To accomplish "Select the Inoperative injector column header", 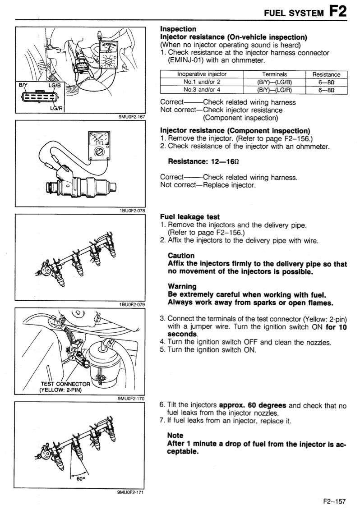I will tap(202, 74).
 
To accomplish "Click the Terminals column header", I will tap(275, 74).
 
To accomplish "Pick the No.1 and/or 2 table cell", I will tap(202, 82).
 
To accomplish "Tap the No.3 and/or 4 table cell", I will tap(202, 90).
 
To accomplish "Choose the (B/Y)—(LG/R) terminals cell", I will tap(275, 90).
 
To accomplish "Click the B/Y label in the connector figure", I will tap(23, 85).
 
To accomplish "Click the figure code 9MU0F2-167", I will tap(131, 116).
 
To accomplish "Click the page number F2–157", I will tap(335, 500).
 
